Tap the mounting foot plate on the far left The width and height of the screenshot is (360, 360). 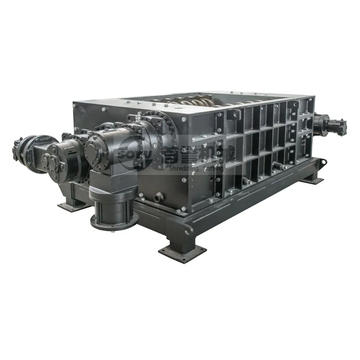pyautogui.click(x=72, y=205)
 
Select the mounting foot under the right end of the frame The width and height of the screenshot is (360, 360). pyautogui.click(x=312, y=180)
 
